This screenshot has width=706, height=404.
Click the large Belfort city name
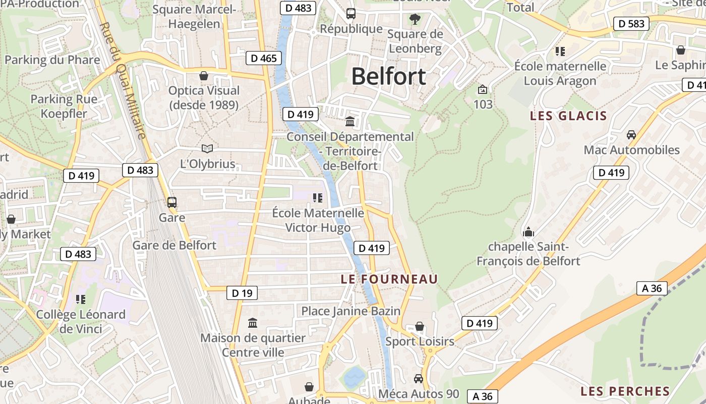pos(388,76)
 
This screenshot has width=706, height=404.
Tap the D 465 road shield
pos(264,58)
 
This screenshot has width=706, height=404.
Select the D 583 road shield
pos(631,23)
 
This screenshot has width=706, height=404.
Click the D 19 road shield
pos(242,293)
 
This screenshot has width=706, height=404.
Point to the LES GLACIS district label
pos(568,116)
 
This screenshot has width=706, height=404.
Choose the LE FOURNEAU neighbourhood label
pos(389,279)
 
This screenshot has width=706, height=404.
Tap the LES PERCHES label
pos(625,391)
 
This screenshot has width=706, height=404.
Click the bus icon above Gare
pos(172,203)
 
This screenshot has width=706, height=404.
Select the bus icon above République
pos(351,14)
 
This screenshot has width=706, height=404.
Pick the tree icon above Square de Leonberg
pos(415,19)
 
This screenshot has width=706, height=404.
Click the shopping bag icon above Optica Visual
pos(204,76)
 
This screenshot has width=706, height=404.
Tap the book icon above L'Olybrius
pos(207,148)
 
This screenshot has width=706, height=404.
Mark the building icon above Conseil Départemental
pos(349,121)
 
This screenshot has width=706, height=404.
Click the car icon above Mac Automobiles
pos(631,135)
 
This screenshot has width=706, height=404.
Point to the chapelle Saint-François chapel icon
pos(528,232)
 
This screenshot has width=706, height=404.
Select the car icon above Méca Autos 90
pos(418,378)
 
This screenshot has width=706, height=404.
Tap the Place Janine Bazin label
pos(350,311)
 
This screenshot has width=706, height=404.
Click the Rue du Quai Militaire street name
pos(123,81)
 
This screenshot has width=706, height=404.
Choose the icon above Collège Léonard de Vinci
pos(80,299)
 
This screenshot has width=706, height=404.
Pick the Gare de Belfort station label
pos(174,245)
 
